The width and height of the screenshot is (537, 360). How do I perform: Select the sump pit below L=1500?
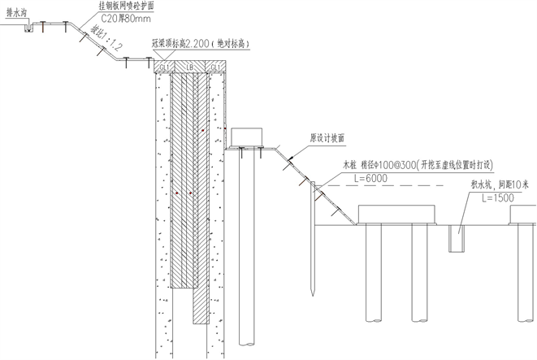[461, 238]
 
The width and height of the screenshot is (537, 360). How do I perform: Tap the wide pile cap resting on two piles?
[397, 213]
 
